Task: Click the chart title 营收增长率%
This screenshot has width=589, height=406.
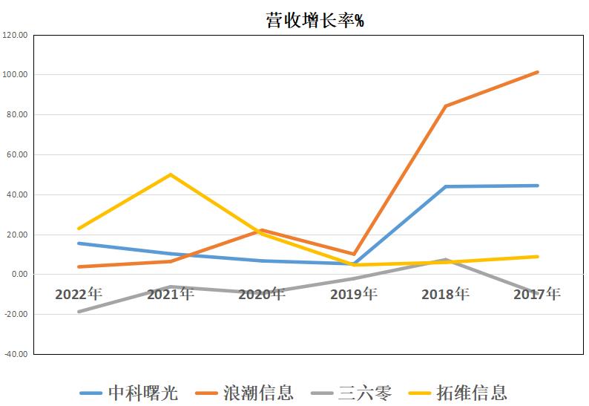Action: pos(314,20)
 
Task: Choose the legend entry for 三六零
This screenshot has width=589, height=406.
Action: pos(364,392)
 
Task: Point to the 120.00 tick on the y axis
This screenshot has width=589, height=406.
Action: pos(16,35)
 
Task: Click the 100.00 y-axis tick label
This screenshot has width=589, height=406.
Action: pos(16,75)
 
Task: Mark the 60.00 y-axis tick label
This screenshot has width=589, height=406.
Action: pos(17,155)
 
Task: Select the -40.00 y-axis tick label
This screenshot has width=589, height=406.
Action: pos(16,355)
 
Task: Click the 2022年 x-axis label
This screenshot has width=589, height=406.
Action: pos(78,294)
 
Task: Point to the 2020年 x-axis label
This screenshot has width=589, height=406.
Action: pos(262,294)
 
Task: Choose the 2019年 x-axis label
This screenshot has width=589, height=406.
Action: pos(354,294)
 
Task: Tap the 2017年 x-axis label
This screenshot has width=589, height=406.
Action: pos(537,294)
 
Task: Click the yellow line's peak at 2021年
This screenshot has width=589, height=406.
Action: pos(171,174)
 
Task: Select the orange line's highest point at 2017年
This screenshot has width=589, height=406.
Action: pos(537,72)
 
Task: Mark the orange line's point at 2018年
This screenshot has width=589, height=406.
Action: pos(445,106)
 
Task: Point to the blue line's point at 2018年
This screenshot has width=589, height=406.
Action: pos(445,186)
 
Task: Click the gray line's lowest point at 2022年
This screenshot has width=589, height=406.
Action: pos(79,312)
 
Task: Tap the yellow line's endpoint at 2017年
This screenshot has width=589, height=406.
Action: pos(537,257)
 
